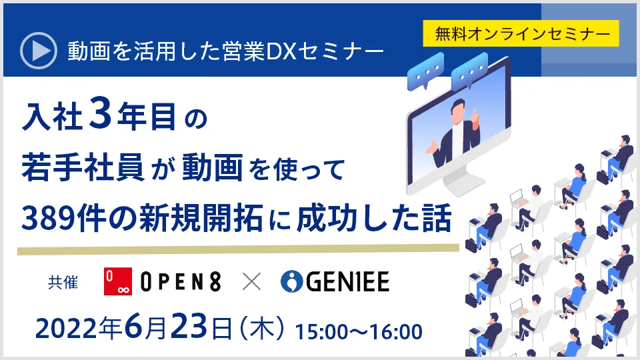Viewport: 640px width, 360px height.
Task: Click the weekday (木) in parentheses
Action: point(262,329)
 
